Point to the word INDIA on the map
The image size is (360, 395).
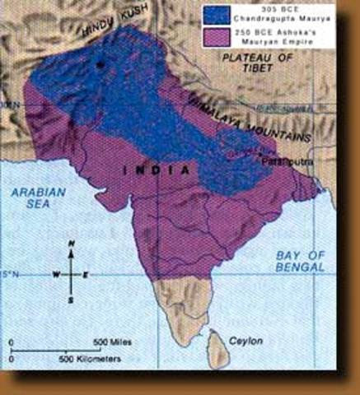(156, 170)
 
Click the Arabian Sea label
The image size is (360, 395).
(34, 198)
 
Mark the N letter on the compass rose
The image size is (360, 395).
(72, 244)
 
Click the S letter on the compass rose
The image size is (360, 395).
(72, 300)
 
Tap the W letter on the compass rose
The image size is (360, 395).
(56, 274)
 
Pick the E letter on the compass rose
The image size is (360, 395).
(86, 274)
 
